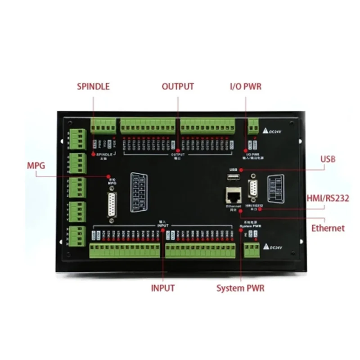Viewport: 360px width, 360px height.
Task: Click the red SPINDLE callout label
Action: point(93,86)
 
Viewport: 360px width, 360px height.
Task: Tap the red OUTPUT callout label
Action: point(178,86)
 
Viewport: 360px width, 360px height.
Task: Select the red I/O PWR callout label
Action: point(246,86)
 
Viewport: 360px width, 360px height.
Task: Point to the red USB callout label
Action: point(328,159)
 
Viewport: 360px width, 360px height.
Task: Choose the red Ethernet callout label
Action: point(328,228)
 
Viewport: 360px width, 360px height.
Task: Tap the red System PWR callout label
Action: point(240,288)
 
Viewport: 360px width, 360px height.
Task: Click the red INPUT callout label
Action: point(162,288)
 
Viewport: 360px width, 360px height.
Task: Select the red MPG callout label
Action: point(36,166)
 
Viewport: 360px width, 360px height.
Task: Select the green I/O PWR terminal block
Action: point(253,126)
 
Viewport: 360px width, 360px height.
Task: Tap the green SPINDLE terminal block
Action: point(103,126)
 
